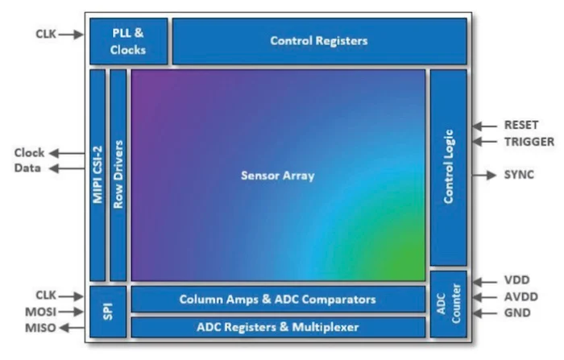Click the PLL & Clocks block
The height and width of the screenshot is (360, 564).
128,41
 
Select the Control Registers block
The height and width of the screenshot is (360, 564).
319,40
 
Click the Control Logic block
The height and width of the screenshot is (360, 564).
448,167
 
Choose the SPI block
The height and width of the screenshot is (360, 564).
108,311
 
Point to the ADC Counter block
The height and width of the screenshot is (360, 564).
448,304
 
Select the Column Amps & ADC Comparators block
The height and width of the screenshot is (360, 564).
277,300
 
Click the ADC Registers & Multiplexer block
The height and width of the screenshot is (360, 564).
277,327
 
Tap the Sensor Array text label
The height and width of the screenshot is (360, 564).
277,175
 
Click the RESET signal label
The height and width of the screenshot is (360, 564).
521,126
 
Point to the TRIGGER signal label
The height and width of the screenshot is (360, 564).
529,142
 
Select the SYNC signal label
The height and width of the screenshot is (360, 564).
519,174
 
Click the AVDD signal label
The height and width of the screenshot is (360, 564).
519,296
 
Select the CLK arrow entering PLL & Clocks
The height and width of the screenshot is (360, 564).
72,34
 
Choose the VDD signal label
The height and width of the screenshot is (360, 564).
516,281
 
